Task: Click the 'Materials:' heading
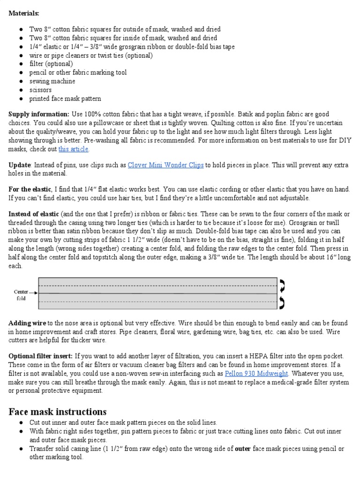pyautogui.click(x=24, y=14)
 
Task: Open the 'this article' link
pyautogui.click(x=73, y=149)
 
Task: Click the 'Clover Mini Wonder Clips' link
pyautogui.click(x=166, y=165)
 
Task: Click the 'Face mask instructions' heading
pyautogui.click(x=58, y=412)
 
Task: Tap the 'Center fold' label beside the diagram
pyautogui.click(x=21, y=294)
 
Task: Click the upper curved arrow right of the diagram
pyautogui.click(x=283, y=285)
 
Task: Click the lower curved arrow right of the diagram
pyautogui.click(x=283, y=302)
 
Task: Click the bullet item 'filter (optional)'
pyautogui.click(x=51, y=64)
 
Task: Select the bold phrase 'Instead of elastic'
pyautogui.click(x=34, y=214)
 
